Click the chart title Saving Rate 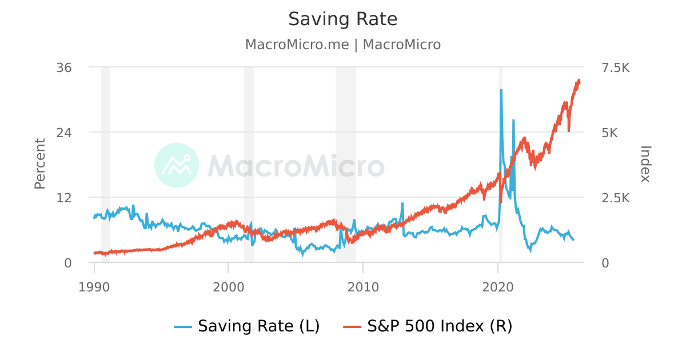click(x=342, y=19)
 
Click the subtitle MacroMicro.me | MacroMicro click(x=342, y=45)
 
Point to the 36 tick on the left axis click(x=64, y=67)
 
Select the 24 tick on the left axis click(x=64, y=133)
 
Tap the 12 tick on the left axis click(x=64, y=198)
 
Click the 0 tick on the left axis click(x=67, y=263)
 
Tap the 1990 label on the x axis click(x=94, y=286)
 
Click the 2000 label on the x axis click(x=229, y=286)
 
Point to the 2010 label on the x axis click(x=363, y=286)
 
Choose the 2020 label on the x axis click(x=498, y=286)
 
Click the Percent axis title click(x=39, y=164)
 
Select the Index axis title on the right click(x=645, y=164)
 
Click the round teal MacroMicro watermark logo click(x=177, y=165)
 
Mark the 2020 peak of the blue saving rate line click(x=501, y=90)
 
